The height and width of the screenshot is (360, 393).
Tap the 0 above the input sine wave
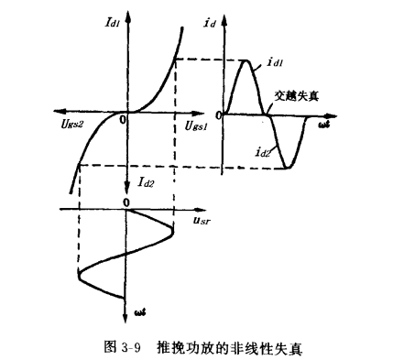coord(125,200)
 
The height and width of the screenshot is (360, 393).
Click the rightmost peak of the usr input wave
coord(172,229)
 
